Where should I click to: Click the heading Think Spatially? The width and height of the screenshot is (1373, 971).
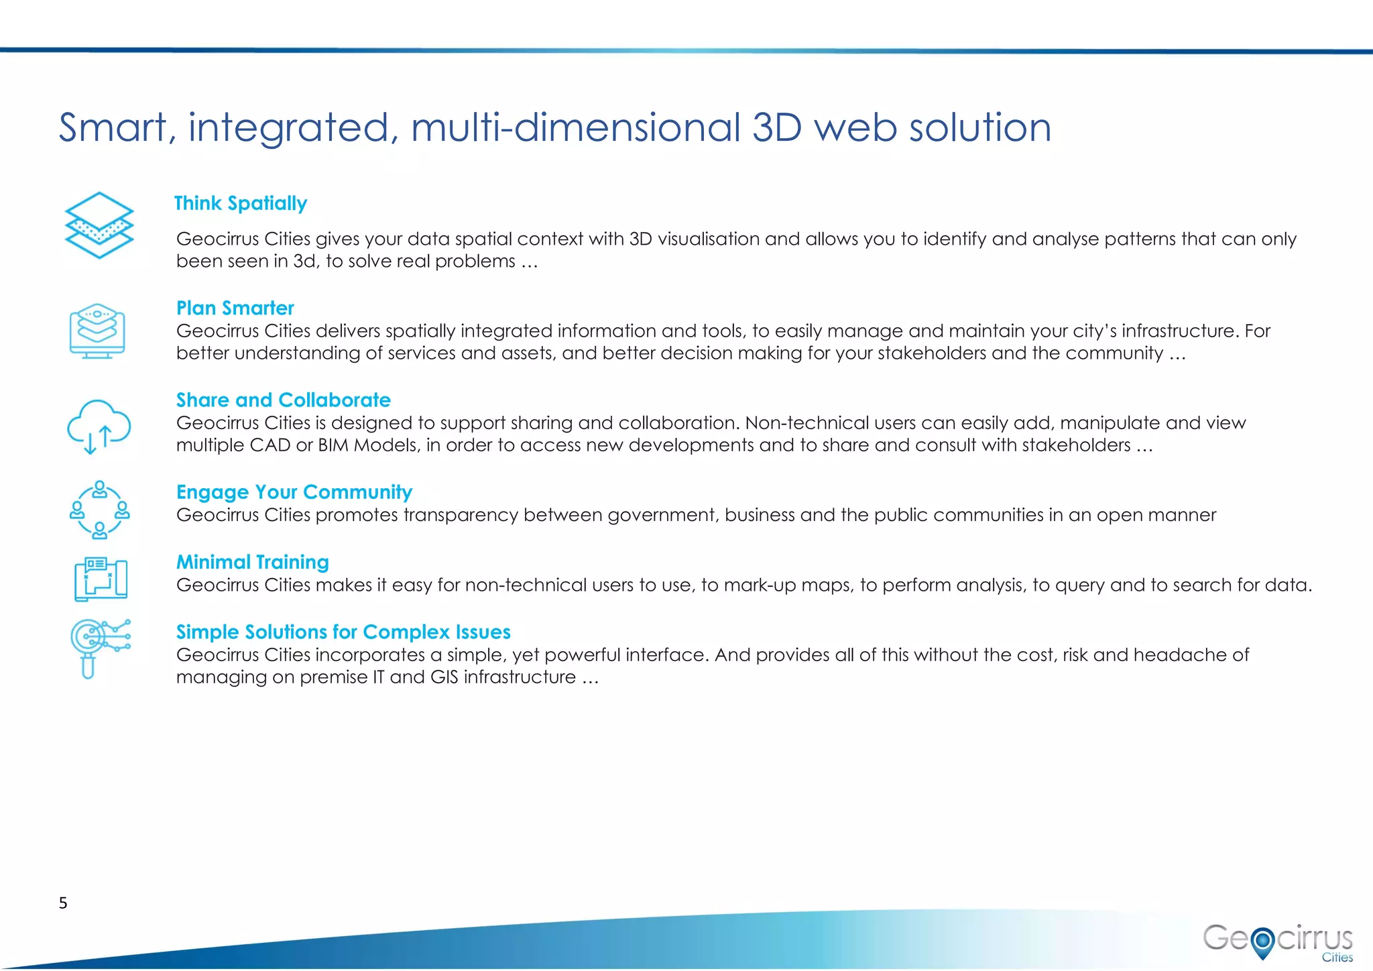[x=241, y=203]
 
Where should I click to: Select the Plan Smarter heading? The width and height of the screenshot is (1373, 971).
[x=235, y=308]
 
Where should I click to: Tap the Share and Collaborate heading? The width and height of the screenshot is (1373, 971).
[x=283, y=400]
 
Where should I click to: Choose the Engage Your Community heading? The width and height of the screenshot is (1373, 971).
[x=294, y=492]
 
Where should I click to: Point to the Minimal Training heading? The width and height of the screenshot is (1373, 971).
[x=252, y=562]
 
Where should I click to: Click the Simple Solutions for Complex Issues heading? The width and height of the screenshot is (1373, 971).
[x=343, y=632]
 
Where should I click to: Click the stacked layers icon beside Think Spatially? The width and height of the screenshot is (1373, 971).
[x=99, y=225]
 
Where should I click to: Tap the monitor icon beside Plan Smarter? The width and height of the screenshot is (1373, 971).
[x=97, y=331]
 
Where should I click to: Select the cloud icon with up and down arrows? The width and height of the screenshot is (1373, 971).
[x=99, y=426]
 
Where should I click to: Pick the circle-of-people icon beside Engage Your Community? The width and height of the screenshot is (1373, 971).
[x=99, y=510]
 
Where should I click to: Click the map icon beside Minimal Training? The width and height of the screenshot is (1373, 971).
[x=101, y=579]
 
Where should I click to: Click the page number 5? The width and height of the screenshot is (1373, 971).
[x=63, y=903]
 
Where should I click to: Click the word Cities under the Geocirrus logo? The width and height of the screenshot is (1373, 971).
[x=1337, y=958]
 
